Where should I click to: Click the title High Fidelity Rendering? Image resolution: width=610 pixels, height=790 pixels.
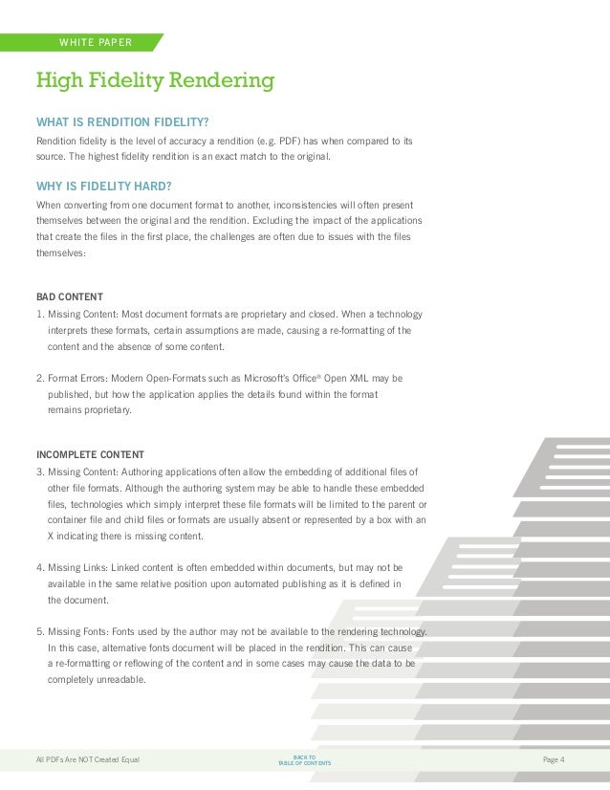click(155, 80)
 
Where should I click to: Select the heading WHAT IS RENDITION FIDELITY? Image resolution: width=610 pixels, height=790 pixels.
click(122, 121)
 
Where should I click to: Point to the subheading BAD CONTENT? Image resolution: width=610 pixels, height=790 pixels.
click(69, 296)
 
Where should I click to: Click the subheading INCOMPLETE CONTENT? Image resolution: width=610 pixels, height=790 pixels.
click(92, 453)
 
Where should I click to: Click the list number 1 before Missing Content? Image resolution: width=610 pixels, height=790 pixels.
click(39, 314)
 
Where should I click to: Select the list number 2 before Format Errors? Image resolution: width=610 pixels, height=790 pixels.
click(39, 377)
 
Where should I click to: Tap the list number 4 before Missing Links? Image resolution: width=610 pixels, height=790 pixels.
click(39, 567)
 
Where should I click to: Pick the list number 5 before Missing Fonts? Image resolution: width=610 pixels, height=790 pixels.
click(39, 631)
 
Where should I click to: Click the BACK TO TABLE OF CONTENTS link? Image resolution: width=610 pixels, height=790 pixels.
click(304, 759)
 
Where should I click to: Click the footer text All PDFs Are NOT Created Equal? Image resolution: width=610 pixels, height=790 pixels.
click(88, 759)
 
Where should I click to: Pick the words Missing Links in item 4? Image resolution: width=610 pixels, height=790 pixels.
click(76, 567)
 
